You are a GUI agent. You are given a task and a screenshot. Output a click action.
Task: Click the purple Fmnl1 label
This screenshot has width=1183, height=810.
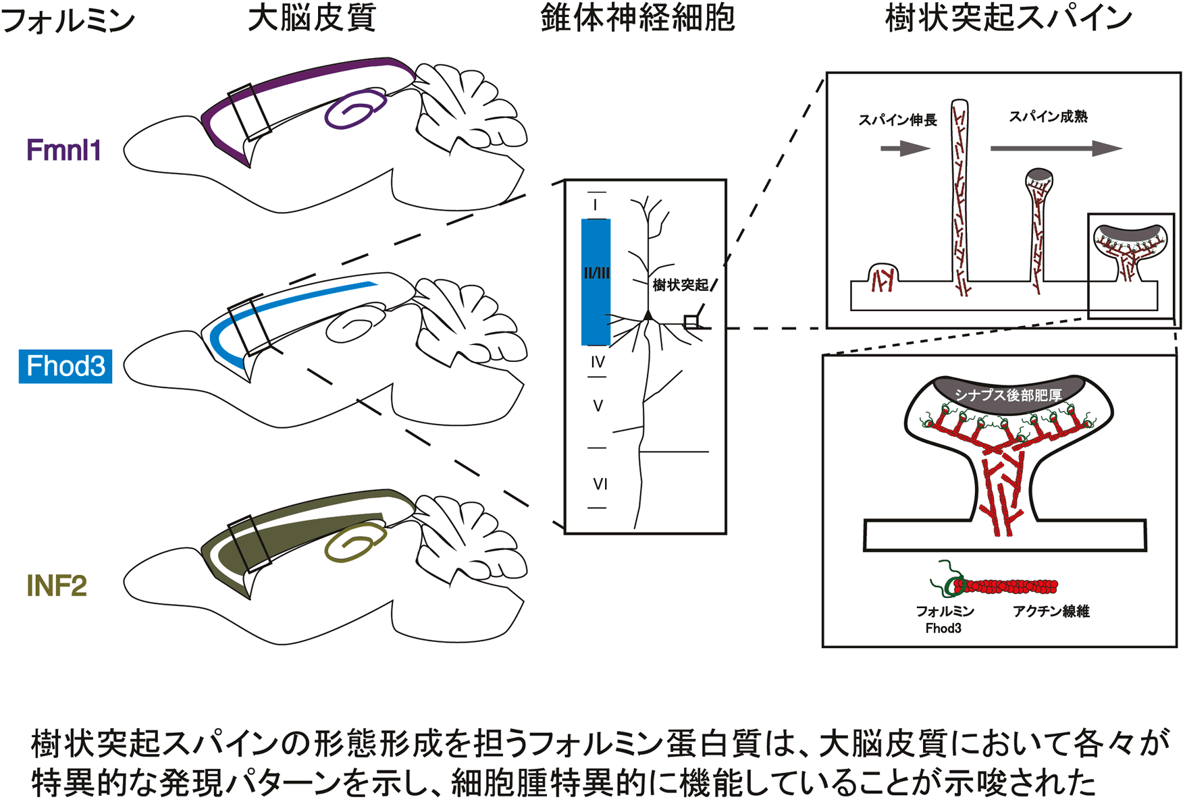pyautogui.click(x=63, y=150)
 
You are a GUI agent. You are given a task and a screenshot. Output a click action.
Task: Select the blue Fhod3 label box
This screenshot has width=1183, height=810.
pyautogui.click(x=65, y=367)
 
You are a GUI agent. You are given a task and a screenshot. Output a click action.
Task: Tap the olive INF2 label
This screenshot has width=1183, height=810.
pyautogui.click(x=57, y=586)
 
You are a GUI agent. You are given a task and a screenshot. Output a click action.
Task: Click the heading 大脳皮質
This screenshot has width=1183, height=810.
pyautogui.click(x=311, y=19)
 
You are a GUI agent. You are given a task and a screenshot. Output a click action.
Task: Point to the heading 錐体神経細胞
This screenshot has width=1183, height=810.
pyautogui.click(x=637, y=19)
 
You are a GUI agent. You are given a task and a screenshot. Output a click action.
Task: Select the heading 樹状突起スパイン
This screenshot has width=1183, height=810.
pyautogui.click(x=1008, y=19)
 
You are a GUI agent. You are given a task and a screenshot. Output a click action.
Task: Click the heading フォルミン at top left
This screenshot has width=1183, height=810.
pyautogui.click(x=68, y=20)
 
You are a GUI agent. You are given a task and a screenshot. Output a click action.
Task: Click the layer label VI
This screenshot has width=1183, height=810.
pyautogui.click(x=600, y=484)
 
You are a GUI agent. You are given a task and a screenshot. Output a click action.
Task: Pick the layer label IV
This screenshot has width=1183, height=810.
pyautogui.click(x=598, y=362)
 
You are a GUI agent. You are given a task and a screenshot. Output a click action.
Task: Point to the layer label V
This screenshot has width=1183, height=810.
pyautogui.click(x=598, y=406)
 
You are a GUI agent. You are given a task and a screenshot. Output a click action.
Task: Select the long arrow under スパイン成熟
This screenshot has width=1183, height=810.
pyautogui.click(x=1055, y=148)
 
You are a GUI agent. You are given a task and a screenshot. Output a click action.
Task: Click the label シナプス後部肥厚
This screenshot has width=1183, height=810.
pyautogui.click(x=1007, y=395)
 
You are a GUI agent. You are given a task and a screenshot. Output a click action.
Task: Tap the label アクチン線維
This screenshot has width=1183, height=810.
pyautogui.click(x=1051, y=612)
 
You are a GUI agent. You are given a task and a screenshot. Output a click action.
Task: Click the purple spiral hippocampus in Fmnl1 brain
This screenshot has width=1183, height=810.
pyautogui.click(x=354, y=109)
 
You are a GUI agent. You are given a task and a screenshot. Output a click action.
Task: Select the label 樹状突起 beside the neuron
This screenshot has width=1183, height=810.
pyautogui.click(x=681, y=286)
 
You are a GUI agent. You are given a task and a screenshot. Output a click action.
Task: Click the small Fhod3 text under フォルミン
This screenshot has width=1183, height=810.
pyautogui.click(x=943, y=628)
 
